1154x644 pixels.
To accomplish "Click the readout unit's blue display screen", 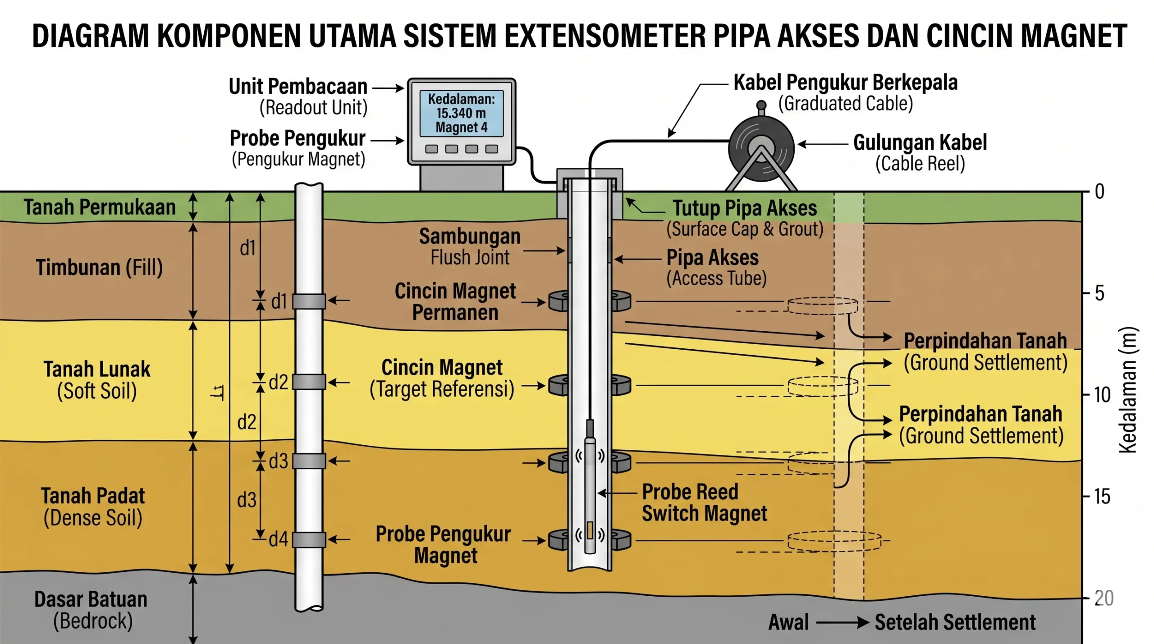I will [x=461, y=113].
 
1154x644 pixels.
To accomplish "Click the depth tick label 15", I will [x=1102, y=497].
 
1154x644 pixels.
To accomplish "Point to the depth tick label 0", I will [x=1099, y=192].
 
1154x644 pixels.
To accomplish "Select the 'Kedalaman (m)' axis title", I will [x=1128, y=390].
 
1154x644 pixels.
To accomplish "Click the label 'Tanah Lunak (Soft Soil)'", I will [x=97, y=379].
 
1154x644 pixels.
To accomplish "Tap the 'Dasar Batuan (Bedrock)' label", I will [x=92, y=610].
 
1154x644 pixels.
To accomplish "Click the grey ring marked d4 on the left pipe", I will [x=309, y=539].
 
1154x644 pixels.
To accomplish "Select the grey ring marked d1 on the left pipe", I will [x=309, y=301].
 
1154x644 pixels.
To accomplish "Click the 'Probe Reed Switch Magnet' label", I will [x=704, y=502].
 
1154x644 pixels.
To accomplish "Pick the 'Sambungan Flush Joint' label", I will [x=470, y=247].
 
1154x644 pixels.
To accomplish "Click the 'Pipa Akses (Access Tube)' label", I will [x=716, y=267].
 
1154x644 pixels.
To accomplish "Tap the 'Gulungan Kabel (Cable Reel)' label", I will [x=920, y=153].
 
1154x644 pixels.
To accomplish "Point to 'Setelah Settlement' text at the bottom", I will [x=955, y=622].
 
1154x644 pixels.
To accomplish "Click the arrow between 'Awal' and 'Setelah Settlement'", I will [x=842, y=623].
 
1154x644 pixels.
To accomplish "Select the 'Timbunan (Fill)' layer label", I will [x=99, y=267].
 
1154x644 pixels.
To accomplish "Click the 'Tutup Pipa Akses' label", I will [x=745, y=208].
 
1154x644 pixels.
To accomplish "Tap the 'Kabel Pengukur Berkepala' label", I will [x=845, y=82].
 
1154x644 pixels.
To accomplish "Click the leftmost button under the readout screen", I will [x=431, y=149].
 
